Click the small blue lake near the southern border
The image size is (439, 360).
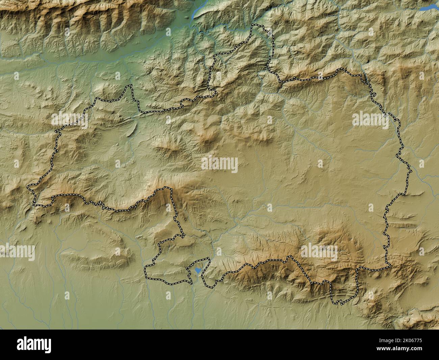point(197,270)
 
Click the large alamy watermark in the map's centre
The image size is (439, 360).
point(219,165)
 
